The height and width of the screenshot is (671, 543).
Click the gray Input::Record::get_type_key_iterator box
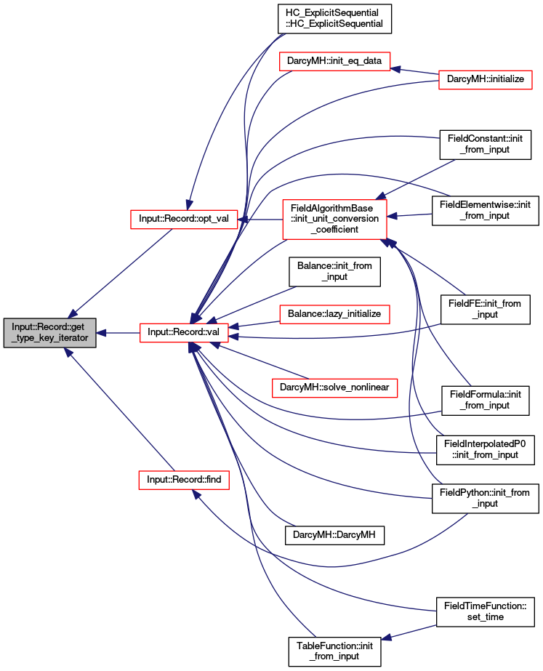49,333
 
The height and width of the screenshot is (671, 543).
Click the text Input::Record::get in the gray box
49,327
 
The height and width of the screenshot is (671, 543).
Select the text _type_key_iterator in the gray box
49,339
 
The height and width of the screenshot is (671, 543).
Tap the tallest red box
334,219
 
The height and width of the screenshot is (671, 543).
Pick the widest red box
334,388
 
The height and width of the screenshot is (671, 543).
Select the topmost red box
334,61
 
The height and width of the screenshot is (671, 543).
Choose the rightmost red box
486,80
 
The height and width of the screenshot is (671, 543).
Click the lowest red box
183,480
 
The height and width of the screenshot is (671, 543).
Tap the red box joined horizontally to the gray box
184,333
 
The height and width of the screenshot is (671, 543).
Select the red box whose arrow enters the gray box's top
184,220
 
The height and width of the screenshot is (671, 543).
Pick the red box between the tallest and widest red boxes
334,314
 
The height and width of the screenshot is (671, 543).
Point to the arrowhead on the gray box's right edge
102,333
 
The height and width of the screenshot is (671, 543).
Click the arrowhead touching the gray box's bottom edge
68,352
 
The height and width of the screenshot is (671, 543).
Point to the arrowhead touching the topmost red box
396,69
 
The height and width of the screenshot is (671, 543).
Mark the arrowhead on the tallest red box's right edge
393,216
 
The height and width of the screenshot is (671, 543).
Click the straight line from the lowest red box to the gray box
120,411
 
